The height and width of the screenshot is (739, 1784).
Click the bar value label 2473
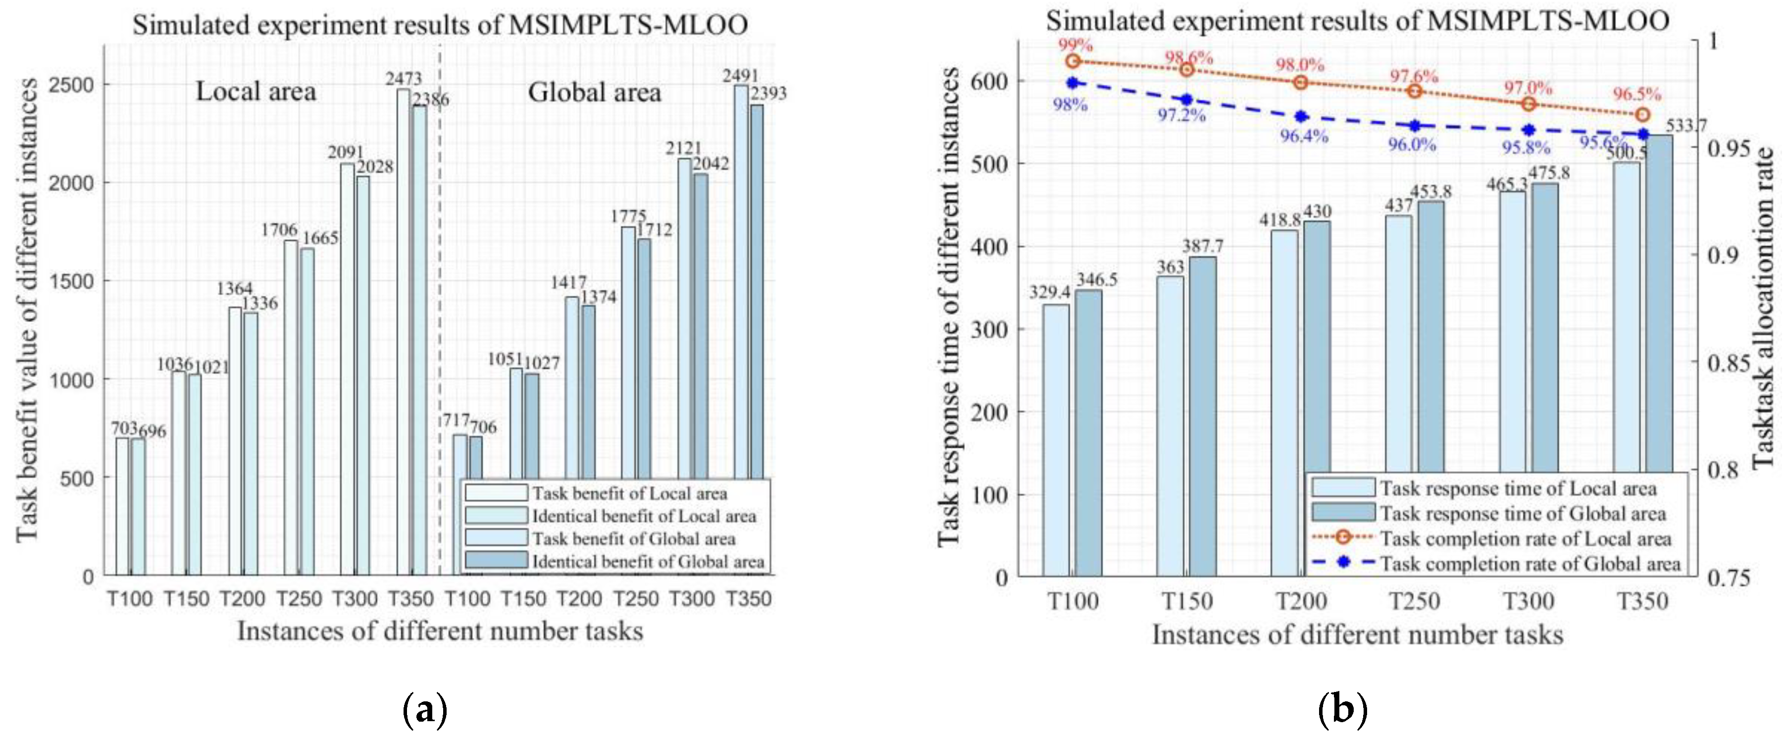point(404,78)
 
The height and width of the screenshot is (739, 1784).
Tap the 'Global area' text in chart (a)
point(594,93)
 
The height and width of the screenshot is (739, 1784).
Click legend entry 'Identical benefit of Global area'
point(648,562)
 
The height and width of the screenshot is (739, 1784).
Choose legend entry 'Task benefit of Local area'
point(629,494)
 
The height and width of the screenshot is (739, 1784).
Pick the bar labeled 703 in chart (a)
point(122,506)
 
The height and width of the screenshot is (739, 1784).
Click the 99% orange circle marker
point(1073,61)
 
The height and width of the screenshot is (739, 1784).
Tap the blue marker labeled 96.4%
point(1301,116)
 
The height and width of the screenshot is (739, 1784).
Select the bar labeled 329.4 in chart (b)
point(1056,440)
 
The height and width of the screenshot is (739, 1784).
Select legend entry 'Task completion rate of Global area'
point(1529,564)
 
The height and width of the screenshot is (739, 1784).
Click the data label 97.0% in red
point(1528,89)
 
